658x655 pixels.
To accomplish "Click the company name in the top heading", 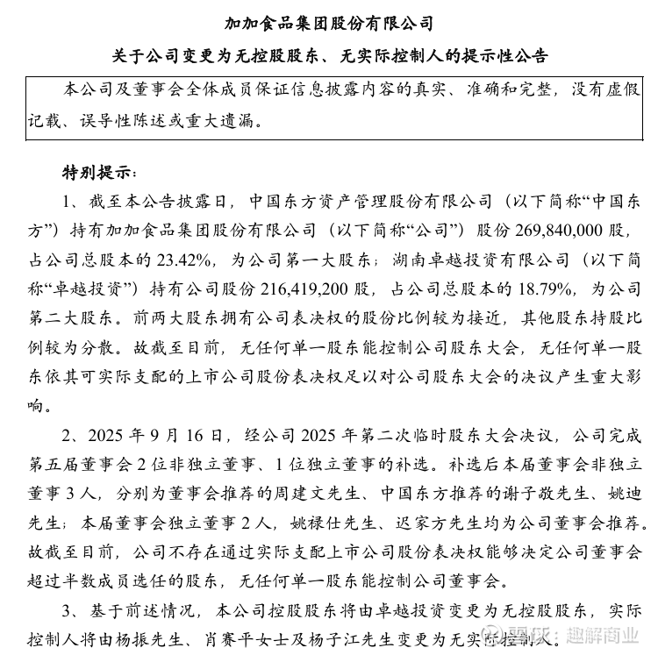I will tap(329, 23).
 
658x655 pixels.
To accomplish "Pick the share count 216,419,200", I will tap(300, 288).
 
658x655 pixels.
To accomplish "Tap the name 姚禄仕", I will tap(317, 523).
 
